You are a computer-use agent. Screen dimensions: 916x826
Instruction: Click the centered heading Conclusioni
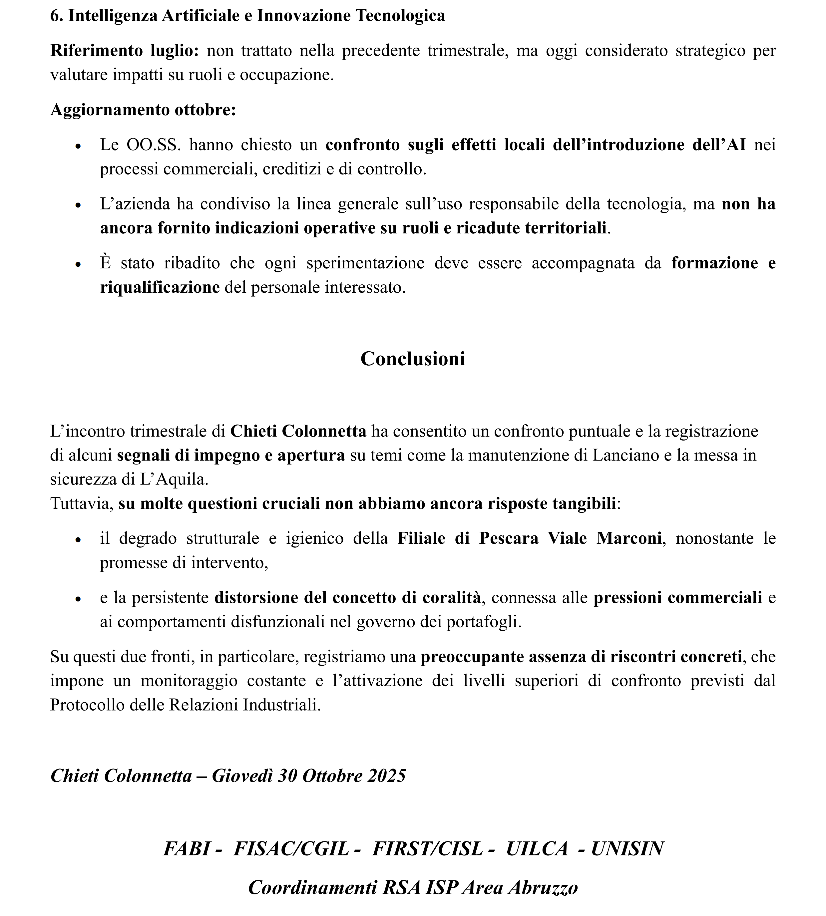pyautogui.click(x=413, y=359)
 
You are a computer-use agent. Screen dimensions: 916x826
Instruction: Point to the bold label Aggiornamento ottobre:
pyautogui.click(x=143, y=110)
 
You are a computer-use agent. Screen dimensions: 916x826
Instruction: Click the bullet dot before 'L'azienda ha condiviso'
pyautogui.click(x=79, y=205)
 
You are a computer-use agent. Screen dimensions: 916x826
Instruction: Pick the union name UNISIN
pyautogui.click(x=627, y=849)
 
